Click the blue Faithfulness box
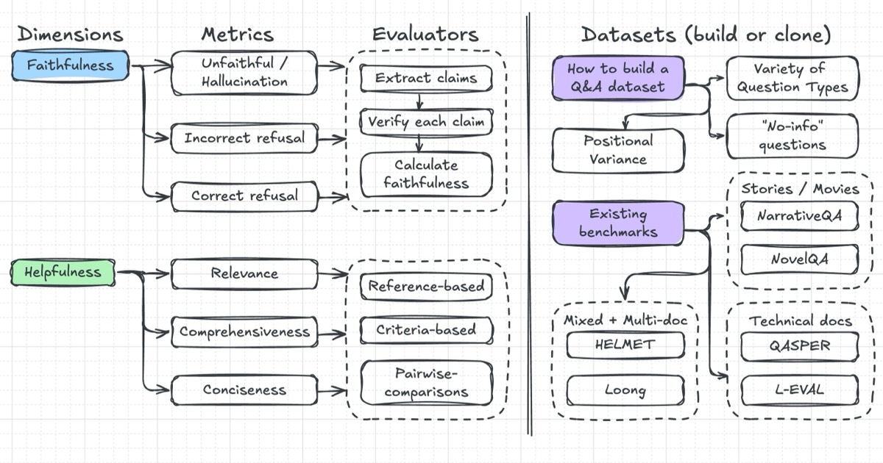point(71,65)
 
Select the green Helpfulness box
point(63,273)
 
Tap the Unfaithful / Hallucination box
point(244,72)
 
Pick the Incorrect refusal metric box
point(244,138)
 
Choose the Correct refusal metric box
point(244,196)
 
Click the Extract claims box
point(426,78)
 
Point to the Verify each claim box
point(426,121)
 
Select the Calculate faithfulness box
point(426,174)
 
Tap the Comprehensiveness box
point(244,331)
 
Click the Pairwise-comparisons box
point(426,383)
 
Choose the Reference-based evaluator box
point(426,286)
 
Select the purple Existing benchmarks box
point(618,223)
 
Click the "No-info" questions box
point(792,136)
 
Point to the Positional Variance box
point(618,150)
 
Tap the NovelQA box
point(799,259)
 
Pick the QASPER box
point(799,346)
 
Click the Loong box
point(625,390)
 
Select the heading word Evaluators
point(425,34)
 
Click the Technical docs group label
point(800,320)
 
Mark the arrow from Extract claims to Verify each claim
point(418,100)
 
